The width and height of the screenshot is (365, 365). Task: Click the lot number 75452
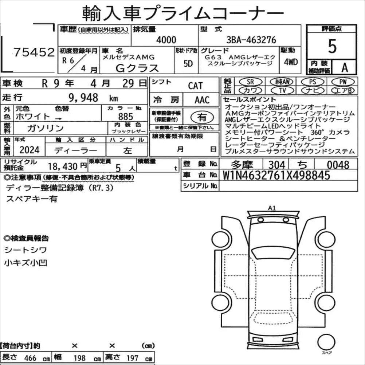(34, 52)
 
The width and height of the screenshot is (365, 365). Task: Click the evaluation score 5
(332, 46)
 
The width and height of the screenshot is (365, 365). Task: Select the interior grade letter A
(345, 67)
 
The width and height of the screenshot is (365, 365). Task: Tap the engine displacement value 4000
(166, 40)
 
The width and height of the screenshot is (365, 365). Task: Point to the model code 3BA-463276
(251, 40)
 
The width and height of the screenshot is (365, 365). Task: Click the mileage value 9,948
(83, 98)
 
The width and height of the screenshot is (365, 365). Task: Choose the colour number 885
(126, 117)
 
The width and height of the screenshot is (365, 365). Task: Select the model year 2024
(30, 150)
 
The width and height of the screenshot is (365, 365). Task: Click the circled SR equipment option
(251, 82)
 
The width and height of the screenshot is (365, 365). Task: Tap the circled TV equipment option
(282, 90)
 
